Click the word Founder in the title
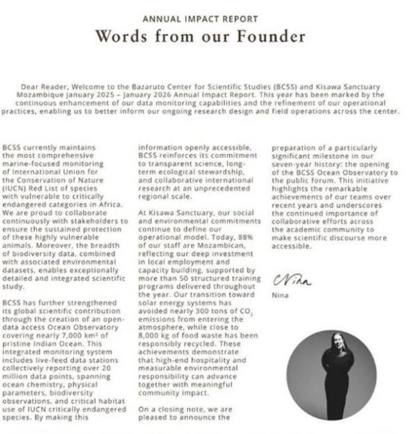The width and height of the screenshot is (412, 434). click(271, 36)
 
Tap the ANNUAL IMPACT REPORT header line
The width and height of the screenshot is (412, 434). click(200, 19)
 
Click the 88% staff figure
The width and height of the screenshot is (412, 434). click(252, 237)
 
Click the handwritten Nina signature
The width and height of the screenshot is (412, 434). click(292, 281)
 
